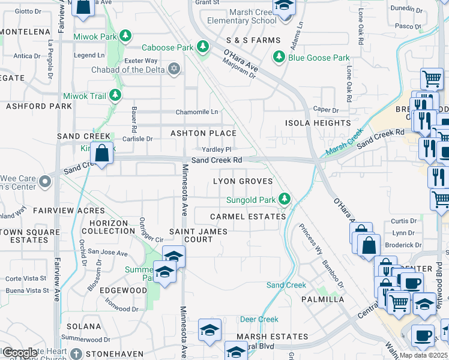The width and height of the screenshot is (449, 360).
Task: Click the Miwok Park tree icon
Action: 125,37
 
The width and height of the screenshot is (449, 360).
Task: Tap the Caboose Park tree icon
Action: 203,47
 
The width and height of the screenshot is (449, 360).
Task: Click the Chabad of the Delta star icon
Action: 174,70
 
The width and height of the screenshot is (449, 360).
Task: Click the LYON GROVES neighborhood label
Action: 243,181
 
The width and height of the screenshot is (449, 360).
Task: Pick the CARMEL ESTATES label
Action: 248,217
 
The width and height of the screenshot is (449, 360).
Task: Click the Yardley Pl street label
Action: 216,149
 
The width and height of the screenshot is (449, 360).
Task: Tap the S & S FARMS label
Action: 253,40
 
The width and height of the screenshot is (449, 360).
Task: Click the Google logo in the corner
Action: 19,352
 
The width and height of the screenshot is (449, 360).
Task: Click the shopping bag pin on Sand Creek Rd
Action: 103,154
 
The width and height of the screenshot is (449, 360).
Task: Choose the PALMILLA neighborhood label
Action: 323,299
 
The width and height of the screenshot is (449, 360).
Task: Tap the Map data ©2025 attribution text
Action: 424,355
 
